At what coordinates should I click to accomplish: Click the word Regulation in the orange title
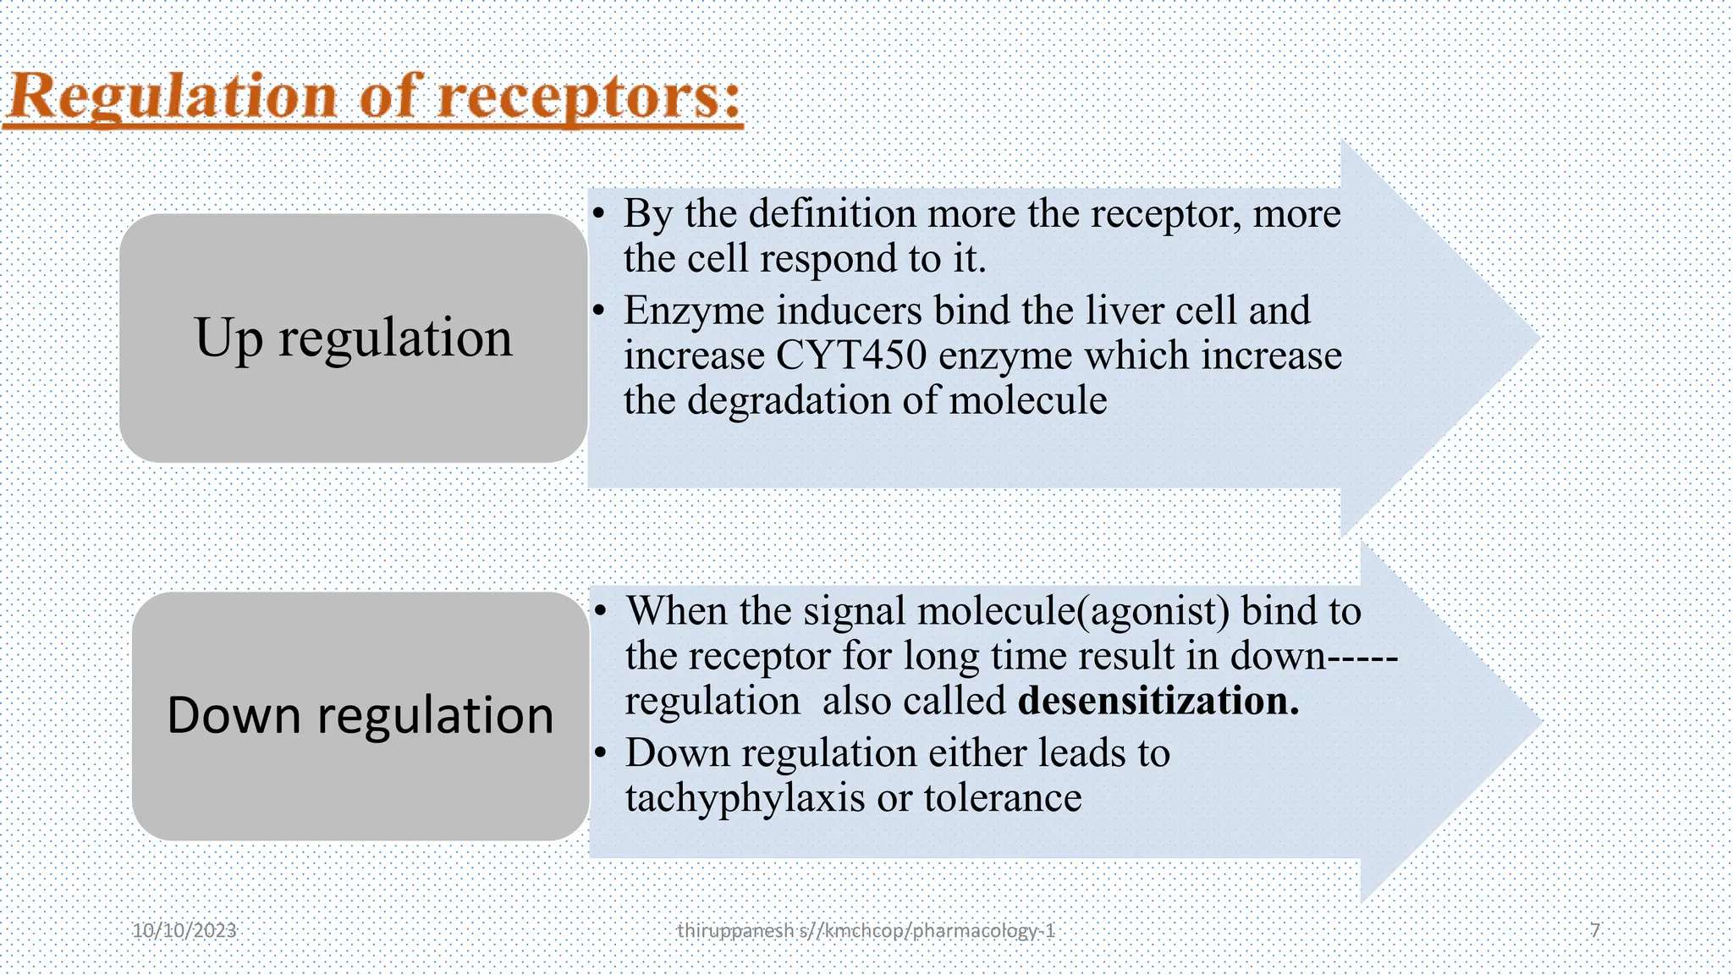tap(173, 96)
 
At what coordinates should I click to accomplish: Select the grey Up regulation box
tap(354, 338)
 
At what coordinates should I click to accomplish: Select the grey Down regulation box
tap(360, 716)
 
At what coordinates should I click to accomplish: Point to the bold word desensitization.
tap(1158, 701)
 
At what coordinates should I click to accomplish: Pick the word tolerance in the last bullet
tap(1003, 798)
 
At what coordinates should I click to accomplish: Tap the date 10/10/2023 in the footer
tap(184, 931)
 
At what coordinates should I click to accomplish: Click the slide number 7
tap(1595, 931)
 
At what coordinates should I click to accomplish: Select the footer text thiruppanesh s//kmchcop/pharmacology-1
tap(866, 931)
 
